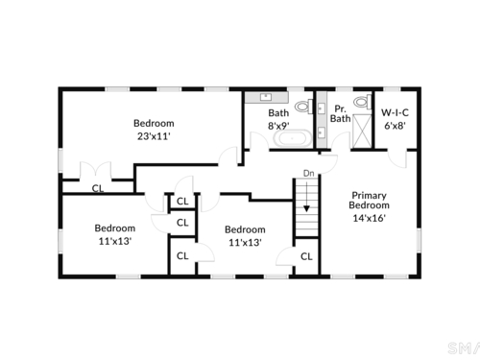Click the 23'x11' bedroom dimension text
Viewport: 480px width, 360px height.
pyautogui.click(x=154, y=136)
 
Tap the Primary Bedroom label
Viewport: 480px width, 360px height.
pyautogui.click(x=369, y=200)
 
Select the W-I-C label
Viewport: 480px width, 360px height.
pyautogui.click(x=395, y=112)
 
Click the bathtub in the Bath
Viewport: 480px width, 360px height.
pyautogui.click(x=293, y=138)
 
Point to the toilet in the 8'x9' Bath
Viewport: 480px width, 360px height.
pyautogui.click(x=303, y=107)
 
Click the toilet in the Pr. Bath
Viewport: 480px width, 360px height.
pyautogui.click(x=363, y=102)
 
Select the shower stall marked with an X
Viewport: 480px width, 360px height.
pyautogui.click(x=362, y=132)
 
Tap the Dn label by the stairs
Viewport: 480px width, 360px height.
pyautogui.click(x=308, y=174)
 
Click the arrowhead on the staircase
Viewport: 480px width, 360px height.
pyautogui.click(x=306, y=208)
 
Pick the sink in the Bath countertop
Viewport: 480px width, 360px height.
pyautogui.click(x=266, y=97)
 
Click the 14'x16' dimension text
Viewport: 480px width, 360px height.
pyautogui.click(x=369, y=218)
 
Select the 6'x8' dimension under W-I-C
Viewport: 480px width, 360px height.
pyautogui.click(x=395, y=126)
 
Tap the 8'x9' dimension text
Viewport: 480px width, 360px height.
pyautogui.click(x=278, y=126)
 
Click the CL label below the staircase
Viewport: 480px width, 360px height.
pyautogui.click(x=306, y=256)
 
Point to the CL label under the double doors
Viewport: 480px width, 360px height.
pyautogui.click(x=98, y=188)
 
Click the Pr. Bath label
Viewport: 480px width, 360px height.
pyautogui.click(x=340, y=113)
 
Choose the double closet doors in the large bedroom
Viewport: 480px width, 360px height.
pyautogui.click(x=95, y=171)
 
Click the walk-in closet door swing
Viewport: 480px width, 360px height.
pyautogui.click(x=397, y=158)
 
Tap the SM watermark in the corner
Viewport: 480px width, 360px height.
pyautogui.click(x=464, y=348)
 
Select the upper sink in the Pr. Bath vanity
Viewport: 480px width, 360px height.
pyautogui.click(x=322, y=108)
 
